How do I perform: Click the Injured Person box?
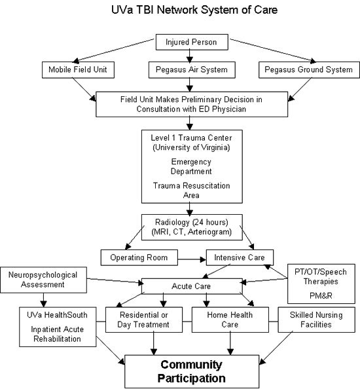coord(192,42)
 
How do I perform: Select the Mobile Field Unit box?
coord(78,70)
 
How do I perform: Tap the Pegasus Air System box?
coord(192,70)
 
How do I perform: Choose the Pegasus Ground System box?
coord(309,70)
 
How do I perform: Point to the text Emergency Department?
coord(191,166)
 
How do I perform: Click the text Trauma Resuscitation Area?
coord(191,191)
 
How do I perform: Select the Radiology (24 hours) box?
coord(192,227)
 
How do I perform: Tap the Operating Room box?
coord(139,257)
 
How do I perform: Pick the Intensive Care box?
coord(240,257)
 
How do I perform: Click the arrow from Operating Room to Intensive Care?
coord(192,259)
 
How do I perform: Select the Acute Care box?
coord(192,286)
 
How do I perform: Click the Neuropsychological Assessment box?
coord(43,280)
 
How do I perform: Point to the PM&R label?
coord(321,296)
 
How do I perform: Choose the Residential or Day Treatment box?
coord(144,320)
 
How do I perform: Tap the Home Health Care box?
coord(230,320)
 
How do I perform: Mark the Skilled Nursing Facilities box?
coord(316,320)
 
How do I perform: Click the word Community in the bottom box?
coord(191,365)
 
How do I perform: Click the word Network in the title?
coord(177,10)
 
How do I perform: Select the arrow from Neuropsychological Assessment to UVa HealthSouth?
coord(43,300)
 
